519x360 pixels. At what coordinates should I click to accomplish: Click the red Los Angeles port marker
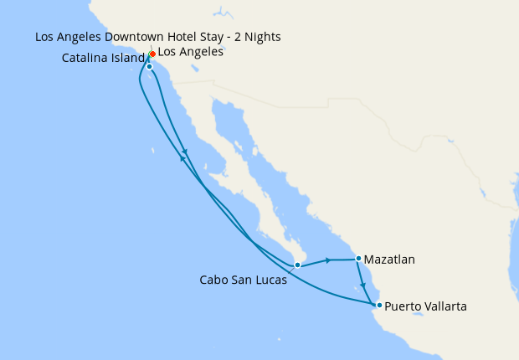coord(152,54)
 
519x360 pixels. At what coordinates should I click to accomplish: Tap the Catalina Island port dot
coord(149,66)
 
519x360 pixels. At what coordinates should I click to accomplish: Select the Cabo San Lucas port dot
coord(297,265)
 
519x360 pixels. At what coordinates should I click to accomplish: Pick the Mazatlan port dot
coord(358,259)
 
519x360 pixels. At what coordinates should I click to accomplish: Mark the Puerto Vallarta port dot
coord(379,306)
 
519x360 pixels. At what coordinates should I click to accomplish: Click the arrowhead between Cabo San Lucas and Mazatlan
coord(328,260)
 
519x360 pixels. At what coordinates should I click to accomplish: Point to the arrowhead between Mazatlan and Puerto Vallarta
coord(363,285)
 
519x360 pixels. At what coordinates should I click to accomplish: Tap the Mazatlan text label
coord(390,260)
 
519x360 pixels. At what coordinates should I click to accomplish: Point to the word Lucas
coord(270,280)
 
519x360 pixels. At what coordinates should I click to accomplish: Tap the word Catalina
coord(86,59)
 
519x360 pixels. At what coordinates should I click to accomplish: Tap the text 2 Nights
coord(259,37)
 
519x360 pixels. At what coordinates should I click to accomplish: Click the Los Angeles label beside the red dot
coord(190,52)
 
